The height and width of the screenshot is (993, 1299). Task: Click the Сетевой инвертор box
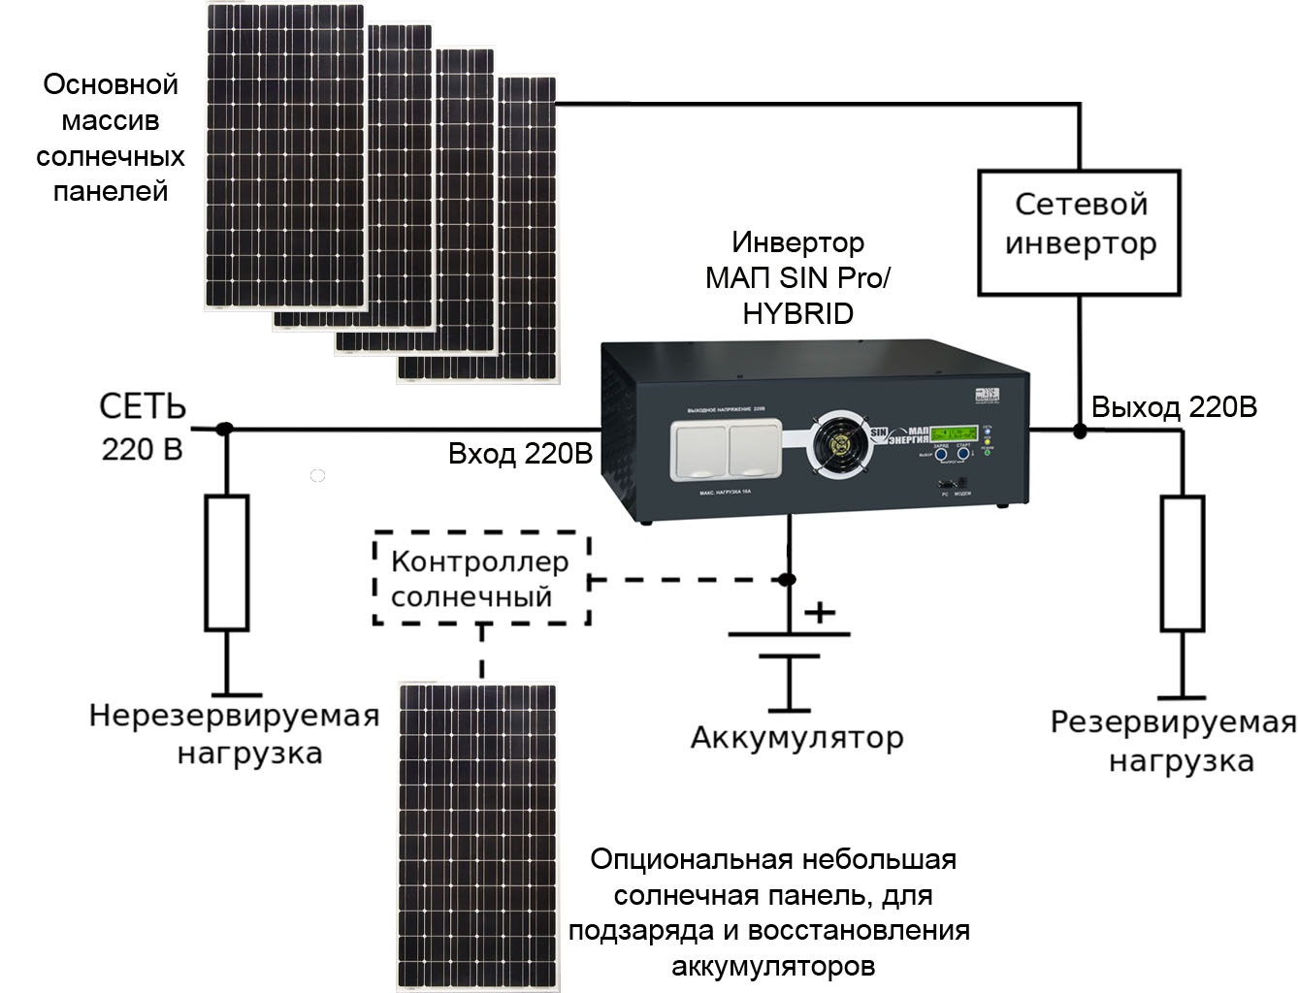1079,233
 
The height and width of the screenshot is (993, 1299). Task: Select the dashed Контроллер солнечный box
481,578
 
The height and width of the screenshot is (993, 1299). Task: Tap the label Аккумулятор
796,738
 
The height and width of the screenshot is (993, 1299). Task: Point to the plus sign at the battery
820,612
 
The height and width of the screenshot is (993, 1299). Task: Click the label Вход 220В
520,454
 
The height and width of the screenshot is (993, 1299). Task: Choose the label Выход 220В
1174,407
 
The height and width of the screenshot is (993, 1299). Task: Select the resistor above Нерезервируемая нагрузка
226,562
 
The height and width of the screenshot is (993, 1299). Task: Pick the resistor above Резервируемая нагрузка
1183,563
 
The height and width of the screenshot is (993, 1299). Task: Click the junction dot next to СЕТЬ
225,429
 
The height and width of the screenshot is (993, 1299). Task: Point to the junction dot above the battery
788,580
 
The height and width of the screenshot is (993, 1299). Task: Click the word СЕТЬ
143,407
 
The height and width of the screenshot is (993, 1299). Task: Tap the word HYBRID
797,314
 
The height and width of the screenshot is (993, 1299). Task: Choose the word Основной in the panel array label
111,84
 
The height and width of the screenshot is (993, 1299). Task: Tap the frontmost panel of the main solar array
528,229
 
